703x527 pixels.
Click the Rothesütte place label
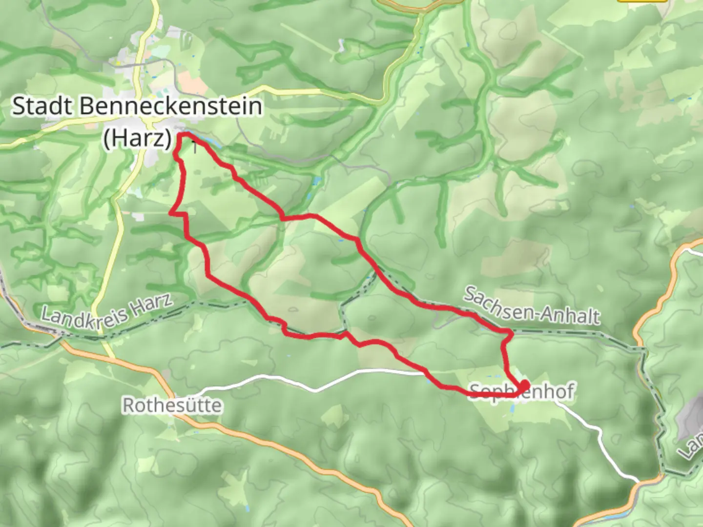coord(171,405)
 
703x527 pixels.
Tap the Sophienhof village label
coord(521,391)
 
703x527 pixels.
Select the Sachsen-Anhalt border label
coord(531,306)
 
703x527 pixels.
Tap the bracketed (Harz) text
coord(138,138)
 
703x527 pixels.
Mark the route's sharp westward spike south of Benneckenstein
coord(171,213)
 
